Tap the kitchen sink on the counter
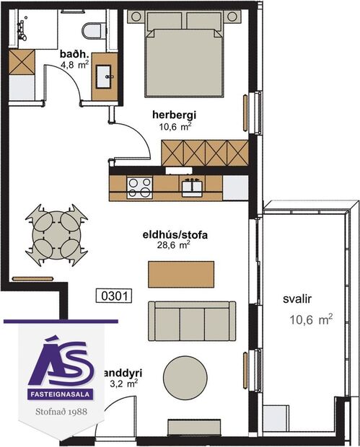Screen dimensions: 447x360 coord(191,187)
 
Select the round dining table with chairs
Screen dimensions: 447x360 coord(57,236)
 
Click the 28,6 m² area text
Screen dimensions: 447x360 coord(174,245)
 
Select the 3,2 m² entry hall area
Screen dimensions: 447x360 coord(125,385)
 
